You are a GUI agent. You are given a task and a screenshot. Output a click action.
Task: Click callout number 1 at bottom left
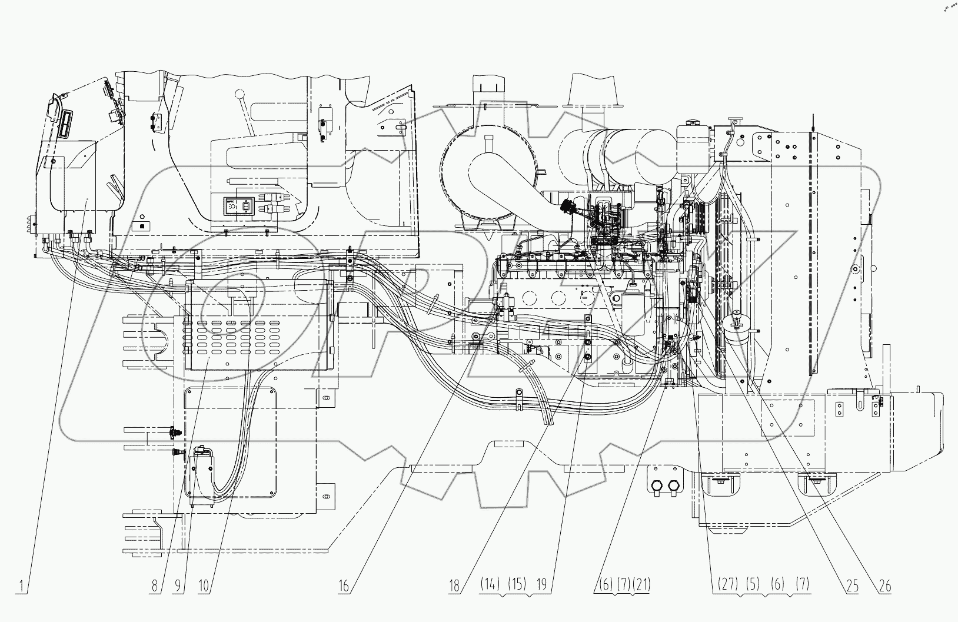21,586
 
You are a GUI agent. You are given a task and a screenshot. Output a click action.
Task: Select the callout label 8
155,586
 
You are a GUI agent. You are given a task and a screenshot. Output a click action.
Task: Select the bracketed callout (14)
490,584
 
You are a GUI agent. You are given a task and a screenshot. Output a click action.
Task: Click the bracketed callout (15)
517,584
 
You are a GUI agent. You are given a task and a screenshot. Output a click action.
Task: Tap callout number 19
542,584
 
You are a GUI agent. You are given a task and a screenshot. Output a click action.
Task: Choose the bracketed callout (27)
727,584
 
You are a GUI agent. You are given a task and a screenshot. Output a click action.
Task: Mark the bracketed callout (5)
754,584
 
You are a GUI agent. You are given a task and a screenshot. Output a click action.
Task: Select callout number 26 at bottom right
884,586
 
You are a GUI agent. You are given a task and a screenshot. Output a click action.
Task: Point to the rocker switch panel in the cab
237,207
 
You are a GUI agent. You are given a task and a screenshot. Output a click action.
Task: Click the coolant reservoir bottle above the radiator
693,144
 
